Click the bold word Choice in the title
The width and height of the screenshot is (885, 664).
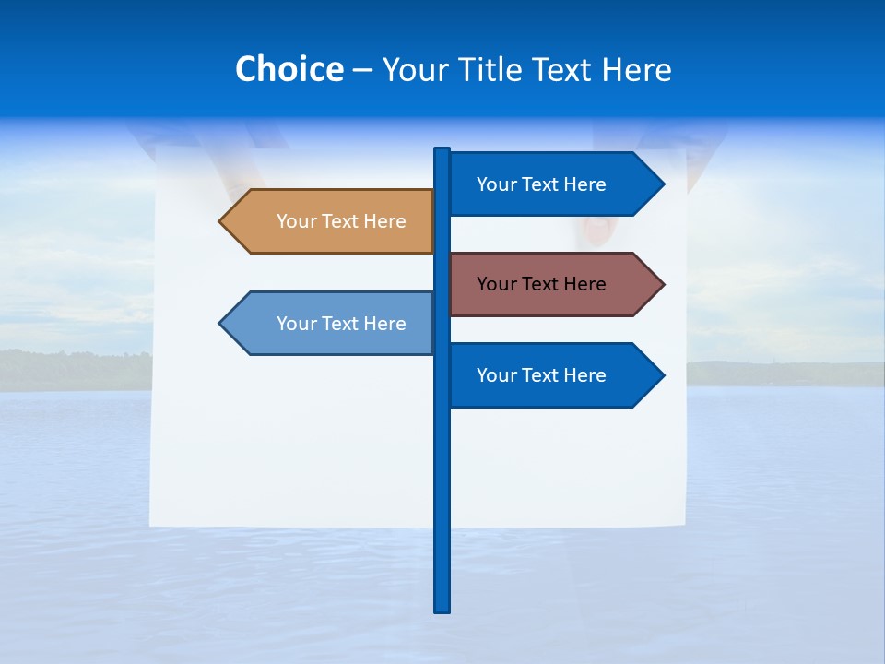pyautogui.click(x=289, y=69)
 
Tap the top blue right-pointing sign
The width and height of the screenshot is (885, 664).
pyautogui.click(x=553, y=184)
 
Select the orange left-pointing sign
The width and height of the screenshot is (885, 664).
pyautogui.click(x=332, y=221)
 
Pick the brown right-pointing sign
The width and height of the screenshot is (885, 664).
pyautogui.click(x=553, y=284)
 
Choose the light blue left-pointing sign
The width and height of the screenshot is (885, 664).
pyautogui.click(x=332, y=324)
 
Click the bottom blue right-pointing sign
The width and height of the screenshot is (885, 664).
pyautogui.click(x=553, y=375)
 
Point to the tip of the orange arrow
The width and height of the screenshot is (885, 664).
pyautogui.click(x=220, y=221)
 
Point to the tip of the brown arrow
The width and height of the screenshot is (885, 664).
pyautogui.click(x=663, y=284)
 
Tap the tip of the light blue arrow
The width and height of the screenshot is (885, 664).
pyautogui.click(x=220, y=324)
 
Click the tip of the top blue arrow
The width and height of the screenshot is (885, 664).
pyautogui.click(x=663, y=184)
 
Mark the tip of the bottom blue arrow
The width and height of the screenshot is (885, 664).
pyautogui.click(x=663, y=375)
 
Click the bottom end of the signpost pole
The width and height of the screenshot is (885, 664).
pyautogui.click(x=442, y=610)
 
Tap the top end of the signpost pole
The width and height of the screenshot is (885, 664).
pyautogui.click(x=442, y=150)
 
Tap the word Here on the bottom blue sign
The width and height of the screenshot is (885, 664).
pyautogui.click(x=584, y=375)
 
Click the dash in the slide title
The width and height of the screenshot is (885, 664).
pyautogui.click(x=362, y=70)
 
